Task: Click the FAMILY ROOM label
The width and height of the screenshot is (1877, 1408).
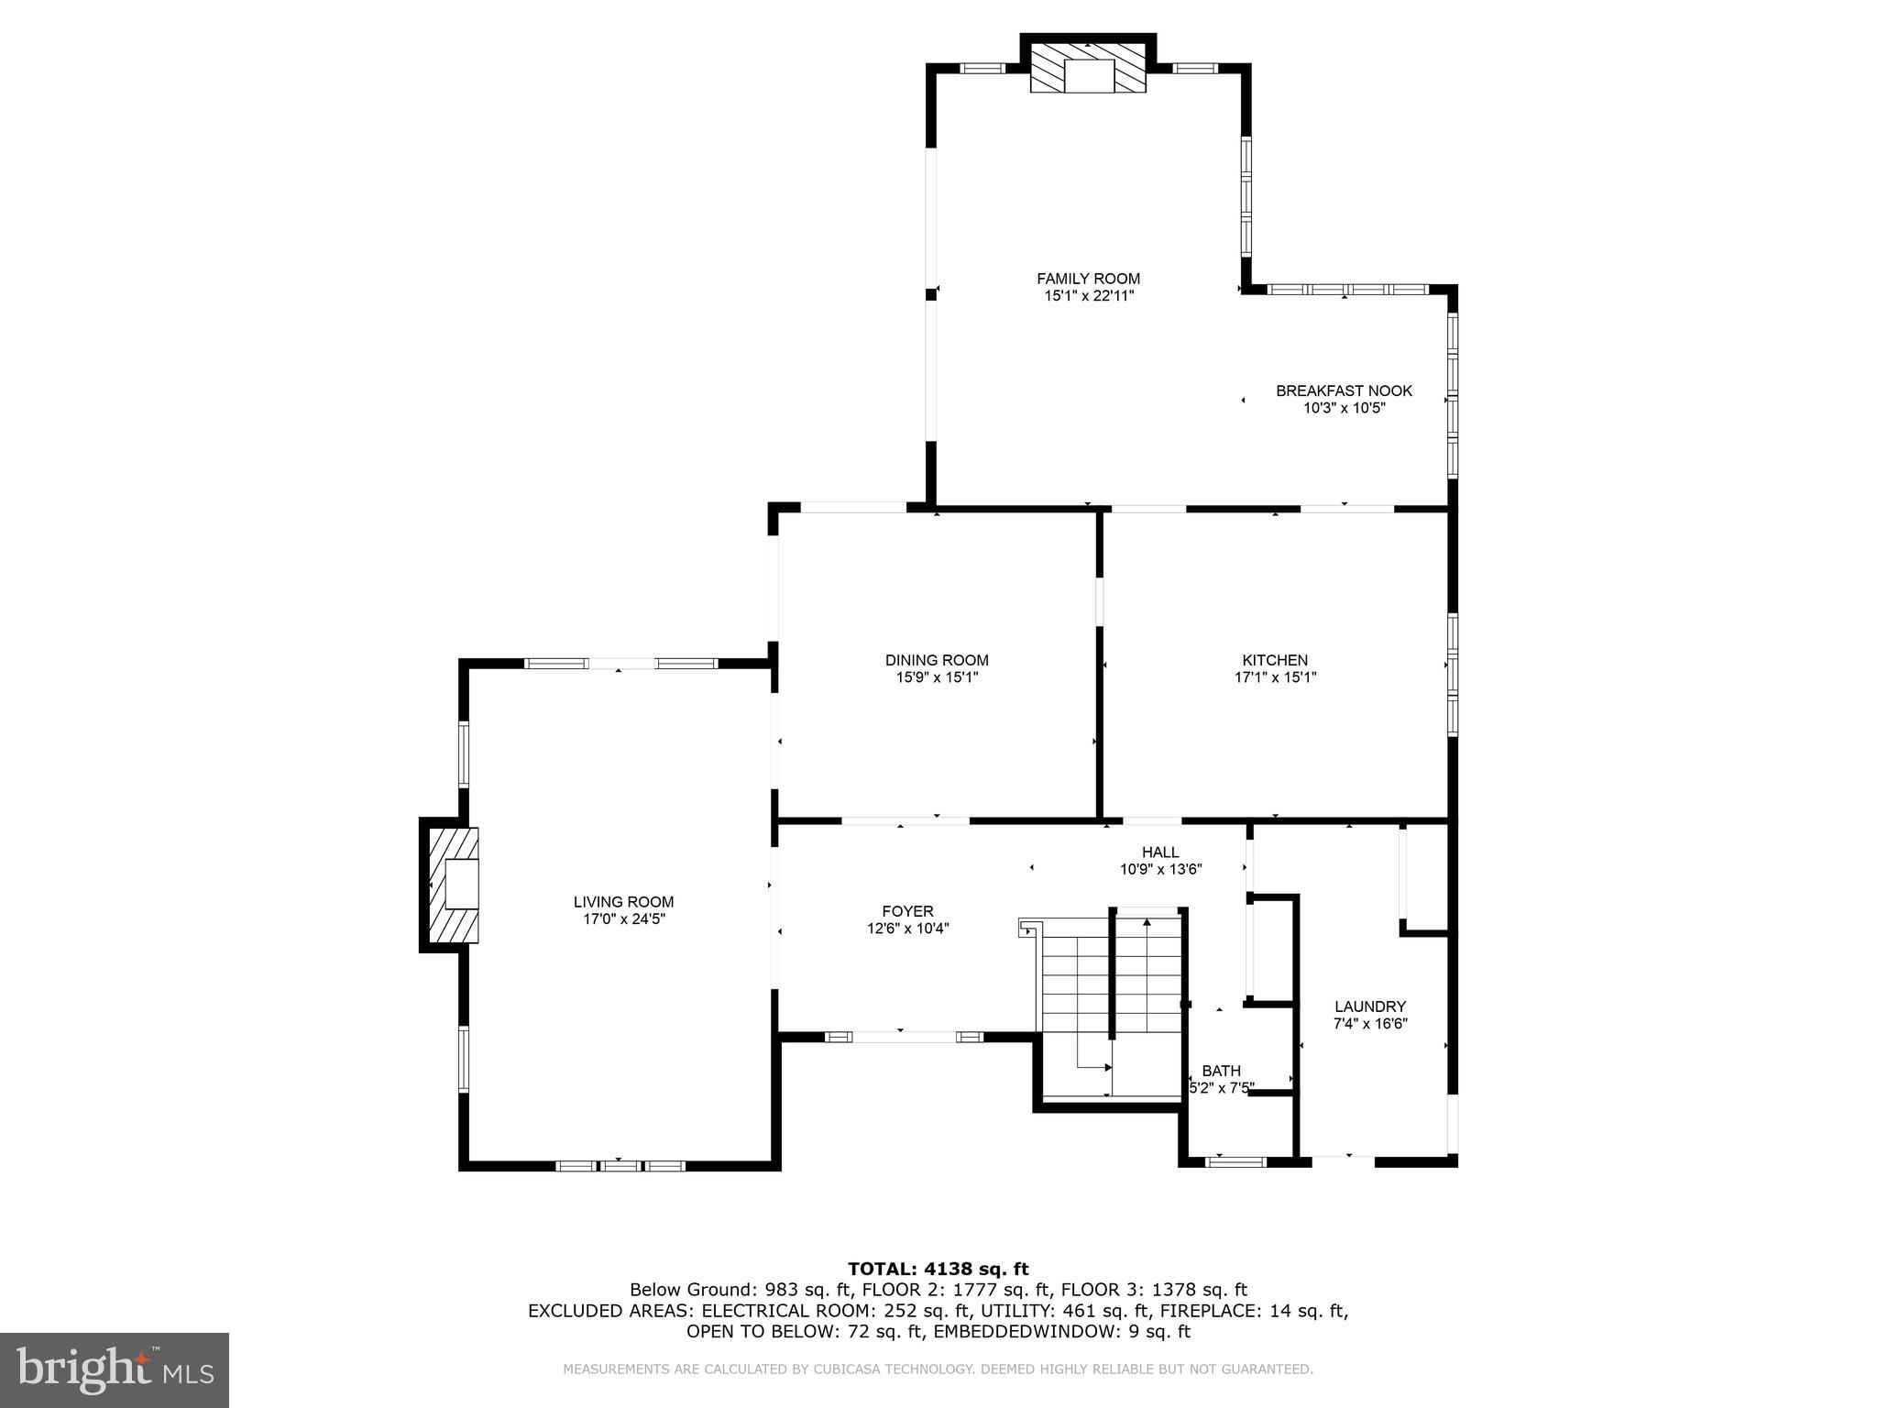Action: [1088, 279]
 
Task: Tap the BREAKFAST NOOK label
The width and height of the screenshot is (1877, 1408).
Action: [1344, 390]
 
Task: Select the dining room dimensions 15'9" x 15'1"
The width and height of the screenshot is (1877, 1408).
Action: [937, 677]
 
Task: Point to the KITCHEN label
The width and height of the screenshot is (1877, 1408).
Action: [1275, 660]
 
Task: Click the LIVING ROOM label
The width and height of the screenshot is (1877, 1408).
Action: [623, 902]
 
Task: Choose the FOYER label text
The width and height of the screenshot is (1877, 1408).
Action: [907, 911]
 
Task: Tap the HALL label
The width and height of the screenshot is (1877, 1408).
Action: [1160, 852]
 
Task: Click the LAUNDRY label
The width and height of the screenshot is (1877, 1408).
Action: [1369, 1006]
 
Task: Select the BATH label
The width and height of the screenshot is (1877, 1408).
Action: [1221, 1071]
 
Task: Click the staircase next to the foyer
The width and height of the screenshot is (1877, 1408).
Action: [1112, 999]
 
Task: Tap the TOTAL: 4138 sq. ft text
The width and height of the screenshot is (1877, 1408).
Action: [938, 1270]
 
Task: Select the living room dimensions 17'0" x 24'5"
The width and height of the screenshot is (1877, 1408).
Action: [623, 919]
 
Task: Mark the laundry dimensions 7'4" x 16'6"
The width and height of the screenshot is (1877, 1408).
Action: [1369, 1024]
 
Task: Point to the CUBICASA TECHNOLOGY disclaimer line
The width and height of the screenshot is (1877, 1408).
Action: [938, 1369]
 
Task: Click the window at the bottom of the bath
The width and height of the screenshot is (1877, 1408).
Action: [1235, 1161]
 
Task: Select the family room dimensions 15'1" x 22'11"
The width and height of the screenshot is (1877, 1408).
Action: [1088, 296]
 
